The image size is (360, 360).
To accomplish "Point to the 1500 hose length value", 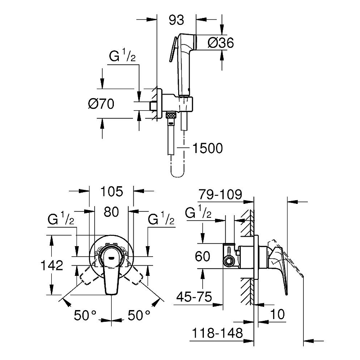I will pos(207,148).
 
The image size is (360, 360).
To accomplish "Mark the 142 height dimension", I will pos(63,265).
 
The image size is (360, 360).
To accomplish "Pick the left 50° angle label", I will pos(85,315).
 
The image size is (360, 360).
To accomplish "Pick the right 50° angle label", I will pos(138,315).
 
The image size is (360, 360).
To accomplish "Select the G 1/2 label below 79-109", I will pos(198,212).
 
